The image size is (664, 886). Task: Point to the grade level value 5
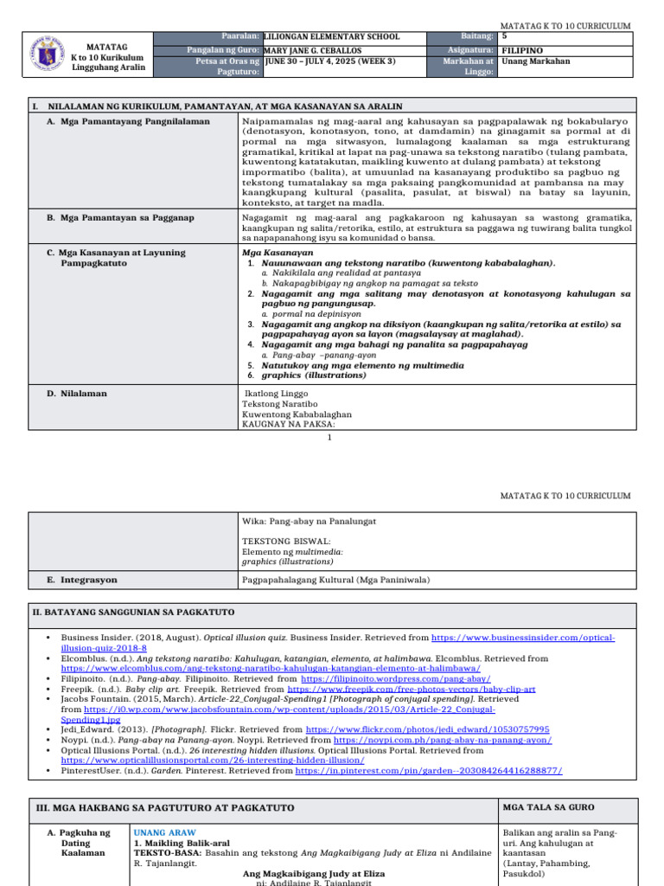(505, 37)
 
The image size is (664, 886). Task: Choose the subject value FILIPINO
(522, 51)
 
